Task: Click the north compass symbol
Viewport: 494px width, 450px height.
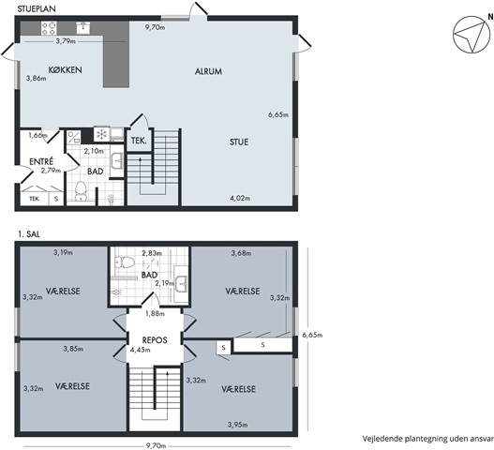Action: (472, 35)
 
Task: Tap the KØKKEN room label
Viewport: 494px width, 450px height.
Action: (66, 69)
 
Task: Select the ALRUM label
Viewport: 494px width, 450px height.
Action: (208, 71)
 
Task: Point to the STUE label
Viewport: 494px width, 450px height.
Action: (239, 142)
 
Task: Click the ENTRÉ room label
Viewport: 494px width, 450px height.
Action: (41, 161)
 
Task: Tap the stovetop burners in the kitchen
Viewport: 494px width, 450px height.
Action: (49, 28)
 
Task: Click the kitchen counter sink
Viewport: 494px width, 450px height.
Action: (83, 28)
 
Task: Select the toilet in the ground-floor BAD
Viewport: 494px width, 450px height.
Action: (81, 191)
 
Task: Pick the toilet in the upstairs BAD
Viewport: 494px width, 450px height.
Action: (125, 262)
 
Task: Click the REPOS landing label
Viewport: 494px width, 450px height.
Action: (155, 340)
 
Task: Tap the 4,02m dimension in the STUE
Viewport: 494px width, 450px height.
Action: (240, 198)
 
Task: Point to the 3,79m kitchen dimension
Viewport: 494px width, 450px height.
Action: (66, 41)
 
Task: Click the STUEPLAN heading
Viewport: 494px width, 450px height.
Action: (37, 8)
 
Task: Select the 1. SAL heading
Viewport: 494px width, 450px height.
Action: (29, 234)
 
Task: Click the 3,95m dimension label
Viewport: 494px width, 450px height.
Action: (237, 425)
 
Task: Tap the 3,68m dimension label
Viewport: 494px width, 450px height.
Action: (241, 253)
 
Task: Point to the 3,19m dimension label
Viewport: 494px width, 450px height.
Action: (63, 252)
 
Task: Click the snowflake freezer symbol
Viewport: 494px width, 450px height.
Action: (101, 135)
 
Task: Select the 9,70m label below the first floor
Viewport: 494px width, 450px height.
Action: (156, 446)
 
